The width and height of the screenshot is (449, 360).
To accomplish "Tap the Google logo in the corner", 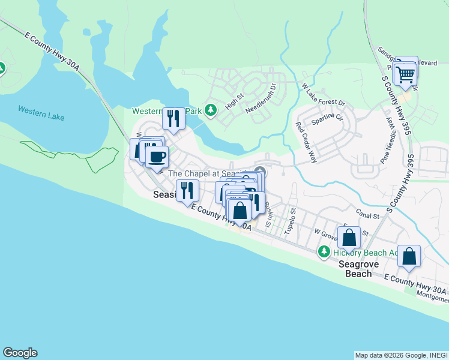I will (x=20, y=353).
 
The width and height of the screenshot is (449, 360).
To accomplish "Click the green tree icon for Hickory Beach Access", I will (x=324, y=251).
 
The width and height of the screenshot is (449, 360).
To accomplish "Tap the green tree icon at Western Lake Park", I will (x=210, y=110).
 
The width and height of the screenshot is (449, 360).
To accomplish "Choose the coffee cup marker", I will (x=157, y=157).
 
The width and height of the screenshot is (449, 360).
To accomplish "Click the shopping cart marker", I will (x=406, y=75).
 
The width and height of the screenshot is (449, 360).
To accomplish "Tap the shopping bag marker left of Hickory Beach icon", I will (x=240, y=211).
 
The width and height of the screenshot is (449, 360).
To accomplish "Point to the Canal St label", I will (x=367, y=215).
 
